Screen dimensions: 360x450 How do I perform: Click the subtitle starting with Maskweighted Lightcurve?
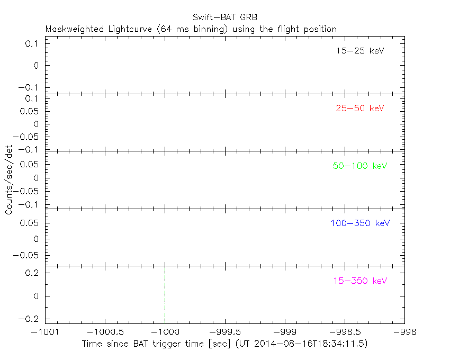pos(191,29)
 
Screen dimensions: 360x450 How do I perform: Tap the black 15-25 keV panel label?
pos(359,51)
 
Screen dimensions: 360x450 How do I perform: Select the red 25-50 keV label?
pos(359,109)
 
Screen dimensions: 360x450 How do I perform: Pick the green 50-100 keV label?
pos(360,166)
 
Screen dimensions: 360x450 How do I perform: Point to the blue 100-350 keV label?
pos(360,223)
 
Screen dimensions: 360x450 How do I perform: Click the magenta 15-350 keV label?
pos(360,281)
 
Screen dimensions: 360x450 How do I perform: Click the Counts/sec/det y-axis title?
pos(9,181)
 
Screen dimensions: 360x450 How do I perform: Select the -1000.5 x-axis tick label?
pos(105,331)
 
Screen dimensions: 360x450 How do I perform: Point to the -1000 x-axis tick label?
pos(165,331)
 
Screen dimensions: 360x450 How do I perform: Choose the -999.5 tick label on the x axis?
pos(225,331)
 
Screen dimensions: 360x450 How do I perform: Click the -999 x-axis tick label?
pos(285,331)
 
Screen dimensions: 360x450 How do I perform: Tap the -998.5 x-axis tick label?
pos(345,331)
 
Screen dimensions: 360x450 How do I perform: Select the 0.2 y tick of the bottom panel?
pos(33,273)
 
